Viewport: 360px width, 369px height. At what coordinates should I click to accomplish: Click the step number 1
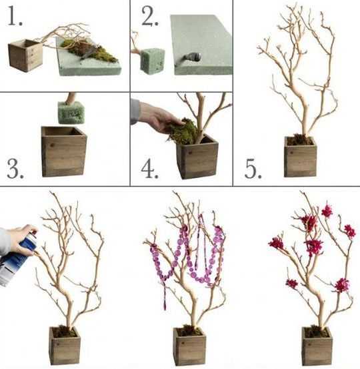[x=15, y=15]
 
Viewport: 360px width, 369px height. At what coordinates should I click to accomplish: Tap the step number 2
[x=150, y=16]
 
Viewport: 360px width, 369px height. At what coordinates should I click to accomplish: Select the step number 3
[x=15, y=168]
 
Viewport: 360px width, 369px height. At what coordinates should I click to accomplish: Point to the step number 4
[x=149, y=168]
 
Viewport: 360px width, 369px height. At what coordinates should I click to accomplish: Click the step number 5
[x=253, y=169]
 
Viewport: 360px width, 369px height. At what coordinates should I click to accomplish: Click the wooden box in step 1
[x=25, y=55]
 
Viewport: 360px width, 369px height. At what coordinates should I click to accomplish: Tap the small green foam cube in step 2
[x=152, y=61]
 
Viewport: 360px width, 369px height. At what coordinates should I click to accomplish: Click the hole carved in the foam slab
[x=193, y=57]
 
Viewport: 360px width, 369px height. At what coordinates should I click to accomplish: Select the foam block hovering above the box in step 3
[x=71, y=113]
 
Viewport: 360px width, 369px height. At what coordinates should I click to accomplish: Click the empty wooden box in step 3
[x=64, y=151]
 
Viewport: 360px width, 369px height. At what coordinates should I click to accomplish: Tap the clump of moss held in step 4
[x=183, y=132]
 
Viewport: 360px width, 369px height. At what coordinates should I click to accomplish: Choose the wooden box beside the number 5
[x=300, y=157]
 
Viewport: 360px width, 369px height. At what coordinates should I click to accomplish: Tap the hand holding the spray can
[x=23, y=240]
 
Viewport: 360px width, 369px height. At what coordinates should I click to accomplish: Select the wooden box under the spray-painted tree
[x=65, y=346]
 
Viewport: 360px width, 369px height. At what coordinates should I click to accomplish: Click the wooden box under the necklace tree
[x=189, y=346]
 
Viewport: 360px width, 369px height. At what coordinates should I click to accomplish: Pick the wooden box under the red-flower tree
[x=317, y=346]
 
